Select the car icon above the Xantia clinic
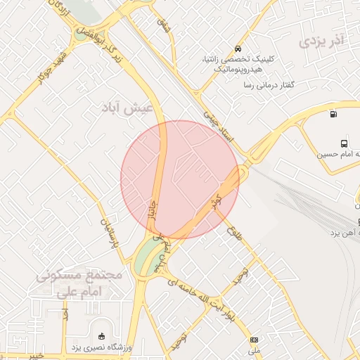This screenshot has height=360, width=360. coord(238,49)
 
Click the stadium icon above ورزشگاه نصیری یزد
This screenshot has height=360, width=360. coord(103,335)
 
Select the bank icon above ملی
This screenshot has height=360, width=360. coord(254,340)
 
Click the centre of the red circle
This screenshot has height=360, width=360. coord(180,179)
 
